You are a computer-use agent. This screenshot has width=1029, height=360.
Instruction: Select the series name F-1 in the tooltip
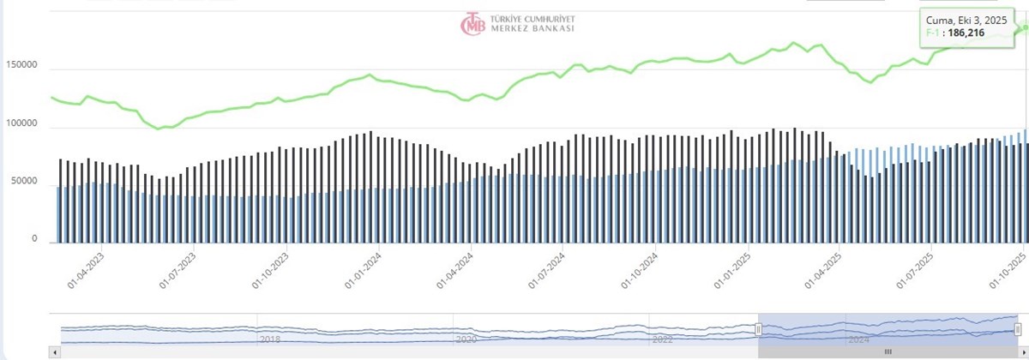coord(933,33)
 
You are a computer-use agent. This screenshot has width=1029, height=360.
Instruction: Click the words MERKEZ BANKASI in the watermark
coord(532,28)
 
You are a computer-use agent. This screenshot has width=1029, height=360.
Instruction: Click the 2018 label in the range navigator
coord(270,339)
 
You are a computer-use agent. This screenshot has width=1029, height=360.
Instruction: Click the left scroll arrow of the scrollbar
coord(55,351)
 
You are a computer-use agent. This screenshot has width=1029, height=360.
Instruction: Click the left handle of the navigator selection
coord(758,329)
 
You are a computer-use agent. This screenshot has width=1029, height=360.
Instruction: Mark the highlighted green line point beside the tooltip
coord(1024,27)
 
